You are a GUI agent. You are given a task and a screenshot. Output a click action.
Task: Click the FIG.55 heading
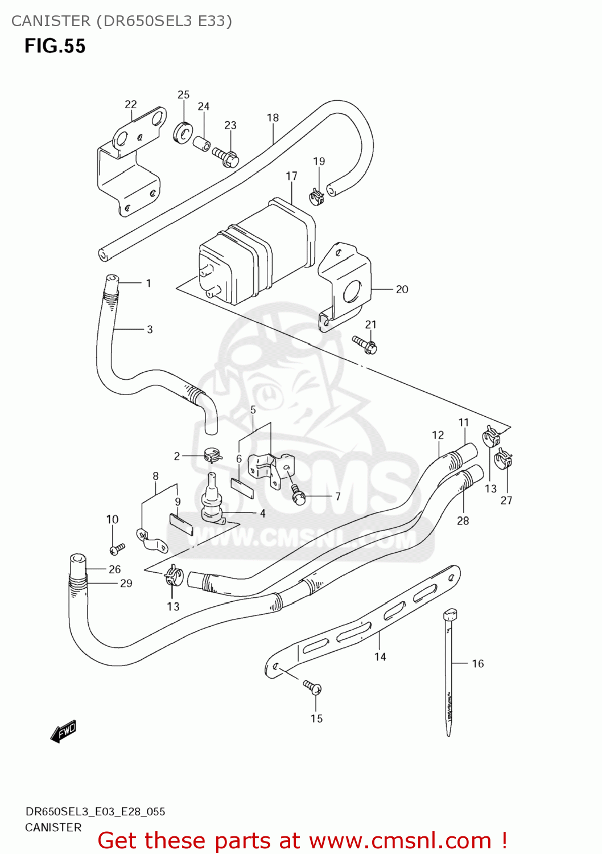tap(55, 46)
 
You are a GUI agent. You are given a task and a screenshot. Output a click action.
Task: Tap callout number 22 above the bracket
tap(131, 104)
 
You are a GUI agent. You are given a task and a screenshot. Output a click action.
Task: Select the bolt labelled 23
tap(227, 157)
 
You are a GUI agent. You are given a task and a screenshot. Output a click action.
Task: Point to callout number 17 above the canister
tap(291, 176)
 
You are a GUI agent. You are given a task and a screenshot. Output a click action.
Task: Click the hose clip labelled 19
tap(316, 196)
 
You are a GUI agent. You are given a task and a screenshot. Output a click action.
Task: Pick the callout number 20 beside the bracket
tap(402, 289)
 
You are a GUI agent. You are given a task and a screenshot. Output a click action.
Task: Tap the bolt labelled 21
tap(365, 344)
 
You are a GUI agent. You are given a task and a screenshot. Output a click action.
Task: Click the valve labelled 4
tap(213, 501)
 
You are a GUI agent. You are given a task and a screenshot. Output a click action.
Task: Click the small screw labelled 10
tap(117, 549)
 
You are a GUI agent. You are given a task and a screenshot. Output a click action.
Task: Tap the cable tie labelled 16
tap(449, 672)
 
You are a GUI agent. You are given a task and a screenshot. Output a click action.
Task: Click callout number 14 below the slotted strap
tap(380, 656)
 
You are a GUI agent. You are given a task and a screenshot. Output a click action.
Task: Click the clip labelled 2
tap(212, 455)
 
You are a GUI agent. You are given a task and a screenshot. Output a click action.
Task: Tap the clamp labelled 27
tap(503, 459)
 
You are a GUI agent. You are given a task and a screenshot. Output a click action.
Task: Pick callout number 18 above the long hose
tap(273, 118)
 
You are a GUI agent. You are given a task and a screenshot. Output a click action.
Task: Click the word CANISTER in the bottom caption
tap(53, 827)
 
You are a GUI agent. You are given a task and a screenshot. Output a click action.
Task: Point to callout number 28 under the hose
tap(463, 520)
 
